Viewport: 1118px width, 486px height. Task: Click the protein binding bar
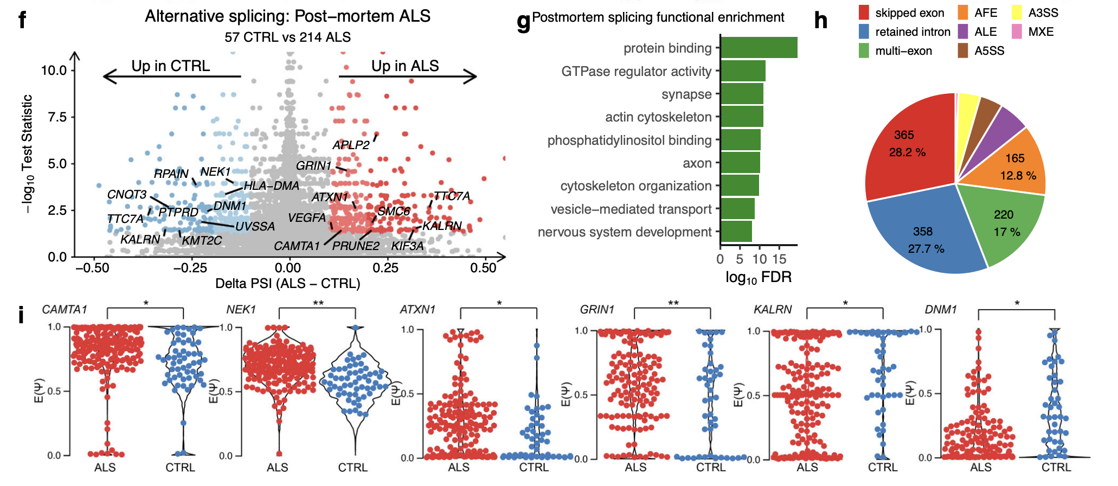click(759, 48)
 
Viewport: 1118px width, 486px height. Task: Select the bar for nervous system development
click(736, 232)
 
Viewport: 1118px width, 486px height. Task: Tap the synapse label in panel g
click(686, 94)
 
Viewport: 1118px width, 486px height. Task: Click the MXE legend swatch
click(1017, 31)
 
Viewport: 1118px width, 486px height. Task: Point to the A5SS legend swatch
click(963, 51)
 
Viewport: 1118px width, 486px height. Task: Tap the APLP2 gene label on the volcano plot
click(351, 145)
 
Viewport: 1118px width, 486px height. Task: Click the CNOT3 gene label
click(127, 195)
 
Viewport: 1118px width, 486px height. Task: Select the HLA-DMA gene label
click(271, 186)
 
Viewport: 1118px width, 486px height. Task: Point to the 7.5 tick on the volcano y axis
click(57, 117)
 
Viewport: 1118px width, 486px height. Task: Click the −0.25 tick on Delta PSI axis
click(190, 268)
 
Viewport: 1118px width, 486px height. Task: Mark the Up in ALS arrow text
click(405, 66)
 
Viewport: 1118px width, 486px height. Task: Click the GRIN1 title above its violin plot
click(597, 310)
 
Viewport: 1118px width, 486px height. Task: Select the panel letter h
click(821, 21)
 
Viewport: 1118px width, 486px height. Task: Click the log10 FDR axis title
click(758, 278)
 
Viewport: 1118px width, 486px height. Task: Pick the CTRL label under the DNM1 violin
click(1056, 468)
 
